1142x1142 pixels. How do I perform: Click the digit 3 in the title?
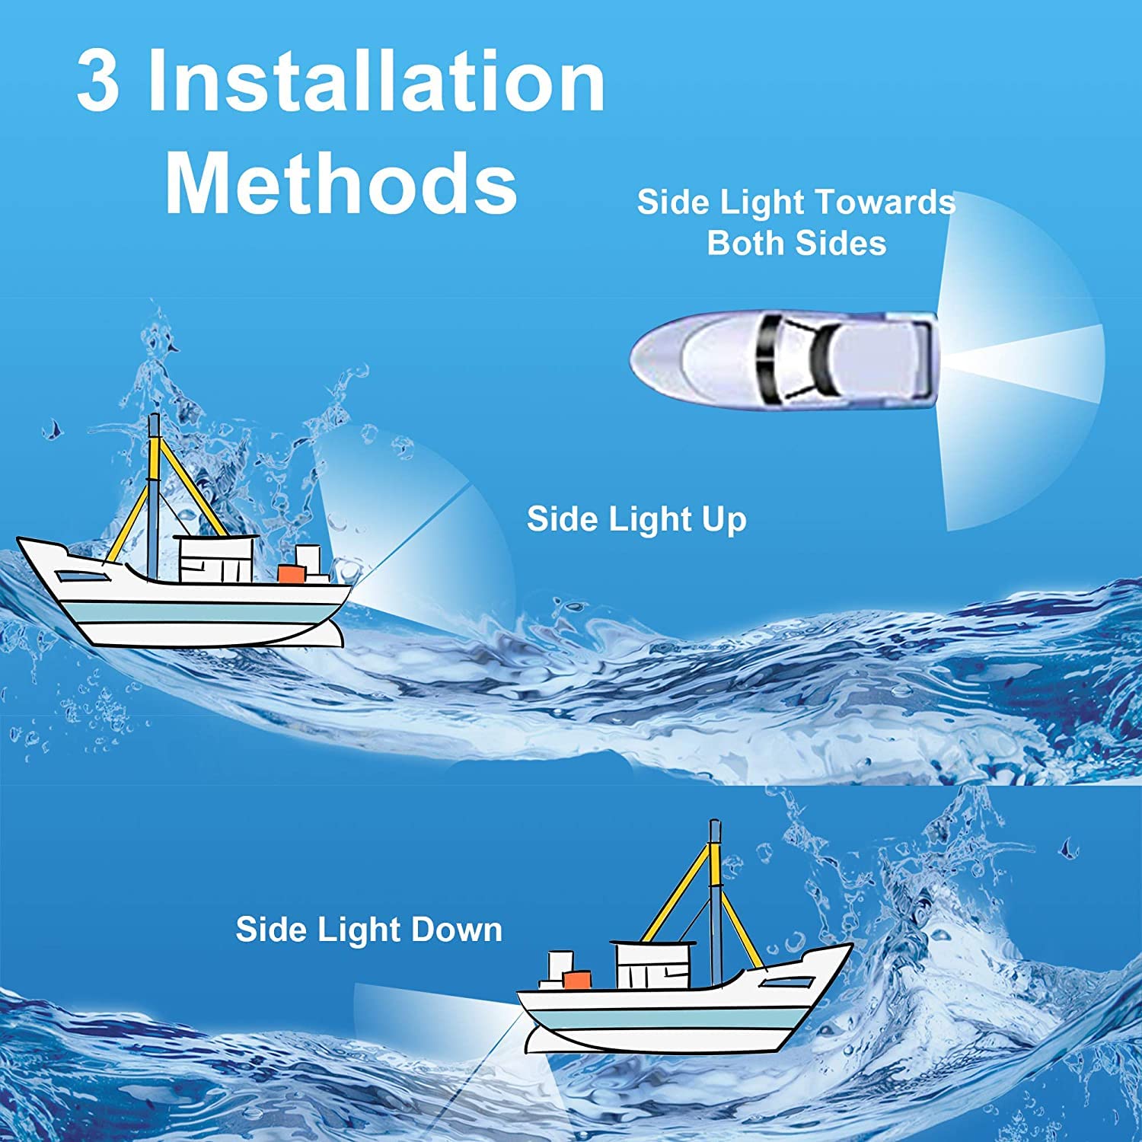98,81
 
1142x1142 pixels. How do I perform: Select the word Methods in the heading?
341,183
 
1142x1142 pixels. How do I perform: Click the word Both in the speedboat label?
745,244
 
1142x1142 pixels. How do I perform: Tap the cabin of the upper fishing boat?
215,560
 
